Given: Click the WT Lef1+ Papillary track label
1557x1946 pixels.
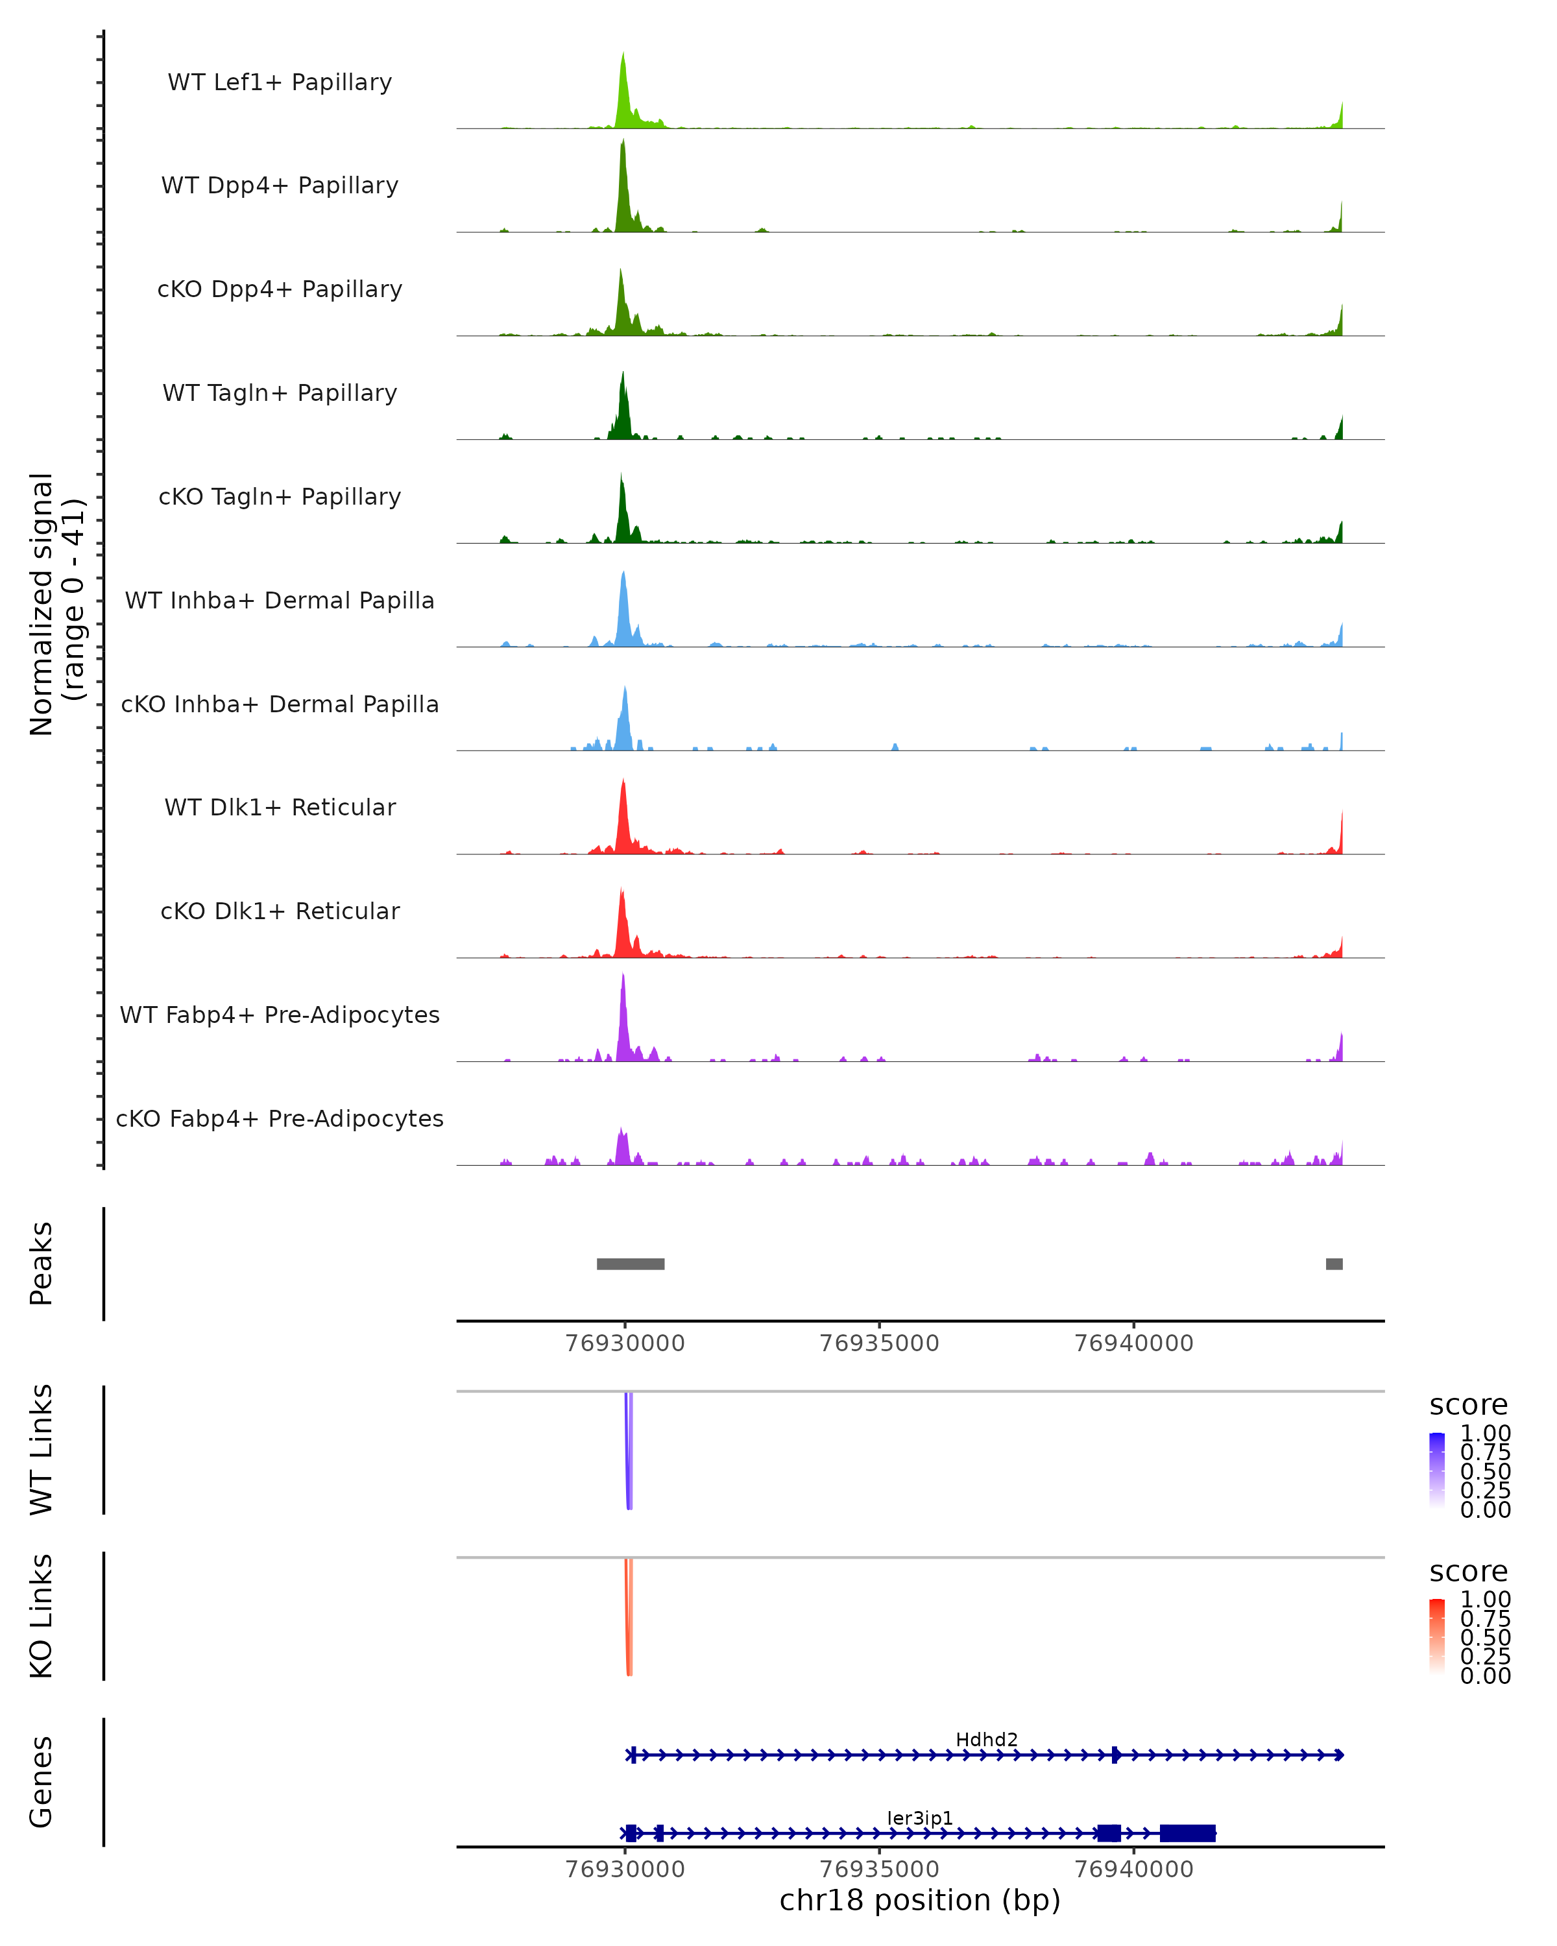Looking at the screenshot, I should (x=280, y=82).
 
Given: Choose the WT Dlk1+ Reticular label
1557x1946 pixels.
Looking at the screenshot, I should (x=280, y=807).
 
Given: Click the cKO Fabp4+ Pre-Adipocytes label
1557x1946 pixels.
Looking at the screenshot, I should (x=280, y=1118).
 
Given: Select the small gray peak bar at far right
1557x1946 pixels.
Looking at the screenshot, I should (x=1333, y=1264).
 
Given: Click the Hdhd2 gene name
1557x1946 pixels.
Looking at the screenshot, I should (x=987, y=1739).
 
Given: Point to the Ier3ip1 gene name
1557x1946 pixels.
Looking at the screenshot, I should (x=920, y=1818).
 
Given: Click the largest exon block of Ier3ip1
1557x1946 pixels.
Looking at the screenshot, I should (x=1187, y=1833).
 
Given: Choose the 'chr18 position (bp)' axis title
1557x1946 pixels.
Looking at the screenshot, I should (x=920, y=1900).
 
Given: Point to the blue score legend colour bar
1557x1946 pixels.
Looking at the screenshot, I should (x=1437, y=1469).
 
